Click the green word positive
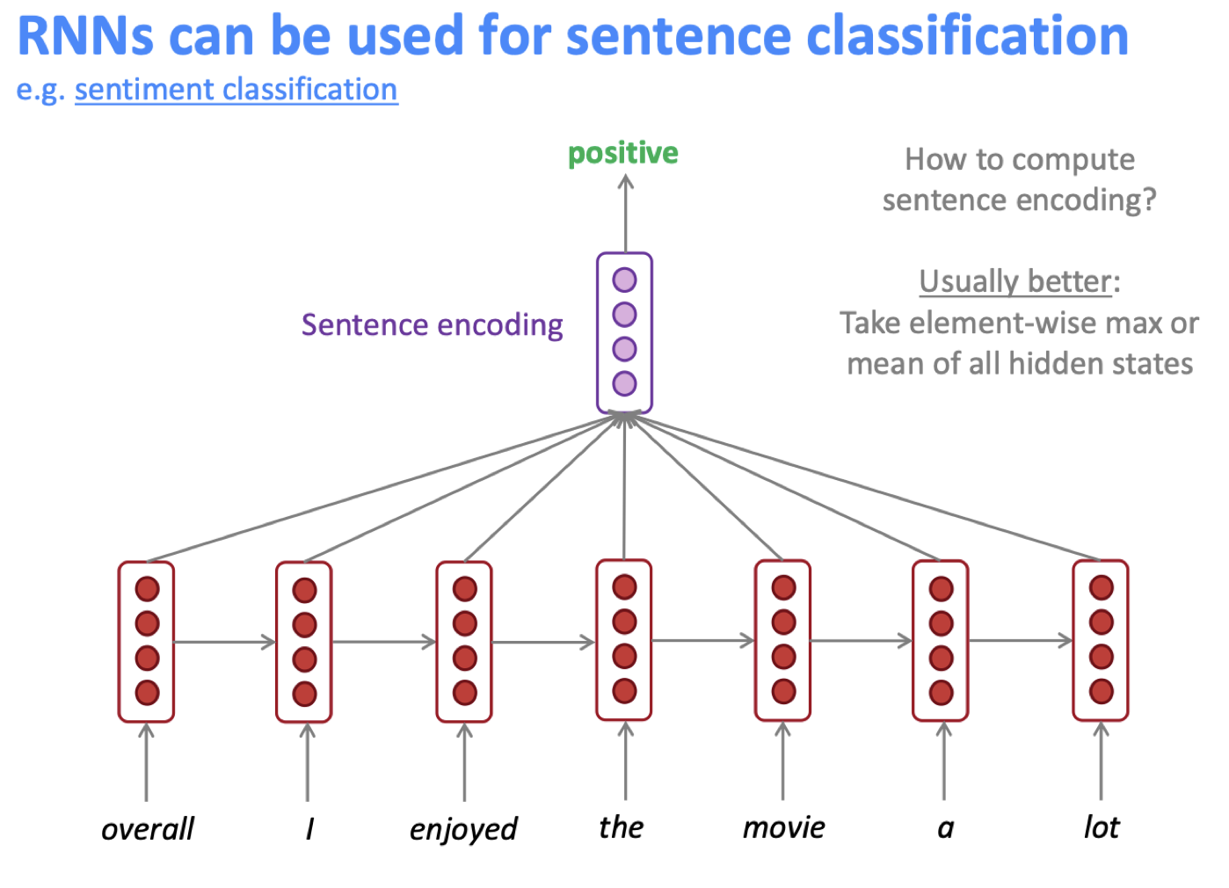click(622, 154)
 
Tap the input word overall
click(147, 829)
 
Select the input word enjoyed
click(463, 829)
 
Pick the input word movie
click(783, 827)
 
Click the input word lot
click(1101, 827)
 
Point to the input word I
click(309, 829)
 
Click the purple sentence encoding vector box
click(624, 332)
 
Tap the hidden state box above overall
click(146, 641)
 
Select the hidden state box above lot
click(1100, 640)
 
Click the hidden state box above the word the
click(624, 639)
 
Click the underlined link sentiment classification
click(236, 90)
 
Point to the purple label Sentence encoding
click(432, 325)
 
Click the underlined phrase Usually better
click(1014, 281)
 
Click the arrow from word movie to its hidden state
click(782, 761)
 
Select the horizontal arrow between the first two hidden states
click(225, 642)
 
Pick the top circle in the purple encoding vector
click(624, 280)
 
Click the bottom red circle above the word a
click(941, 692)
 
